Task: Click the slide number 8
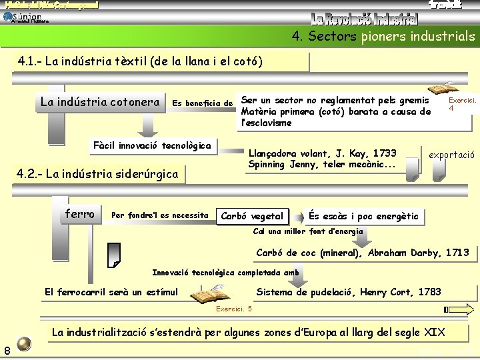pos(6,351)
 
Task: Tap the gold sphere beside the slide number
pos(24,343)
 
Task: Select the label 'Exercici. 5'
pos(234,309)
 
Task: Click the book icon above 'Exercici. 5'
pos(209,294)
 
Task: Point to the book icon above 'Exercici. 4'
pos(441,89)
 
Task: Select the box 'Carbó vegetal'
pos(252,216)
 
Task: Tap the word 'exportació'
pos(451,155)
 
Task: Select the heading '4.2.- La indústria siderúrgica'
pos(97,175)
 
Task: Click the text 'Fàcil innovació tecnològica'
pos(153,145)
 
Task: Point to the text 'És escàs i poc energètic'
pos(363,216)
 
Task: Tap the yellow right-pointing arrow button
pos(466,309)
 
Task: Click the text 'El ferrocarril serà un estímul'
pos(111,292)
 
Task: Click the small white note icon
pos(113,254)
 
